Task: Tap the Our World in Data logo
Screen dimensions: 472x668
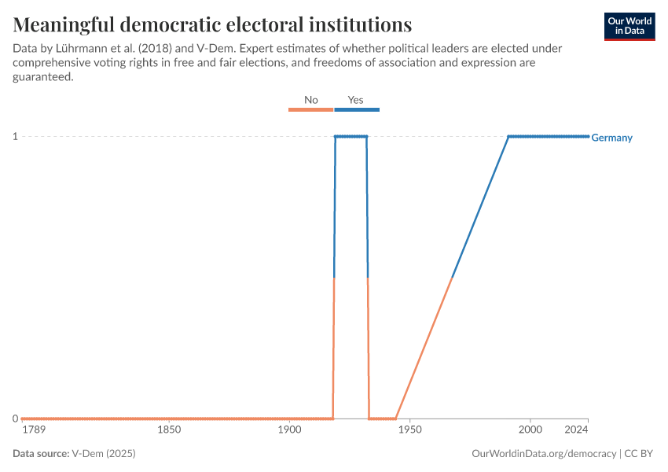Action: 629,26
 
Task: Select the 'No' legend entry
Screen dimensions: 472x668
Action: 311,101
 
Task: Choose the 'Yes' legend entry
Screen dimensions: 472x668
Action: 356,101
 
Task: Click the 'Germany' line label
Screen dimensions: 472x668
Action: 611,138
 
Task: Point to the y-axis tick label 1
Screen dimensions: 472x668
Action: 15,137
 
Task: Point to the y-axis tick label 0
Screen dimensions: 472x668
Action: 15,419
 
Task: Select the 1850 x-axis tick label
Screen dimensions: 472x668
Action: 169,430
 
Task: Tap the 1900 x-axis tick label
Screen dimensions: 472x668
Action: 289,430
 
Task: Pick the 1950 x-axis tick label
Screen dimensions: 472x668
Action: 410,430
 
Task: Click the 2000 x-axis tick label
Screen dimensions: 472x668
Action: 530,430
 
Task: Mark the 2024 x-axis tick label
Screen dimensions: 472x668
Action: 577,430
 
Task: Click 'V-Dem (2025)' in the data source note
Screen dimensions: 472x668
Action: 108,454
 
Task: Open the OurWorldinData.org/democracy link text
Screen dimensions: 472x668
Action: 544,454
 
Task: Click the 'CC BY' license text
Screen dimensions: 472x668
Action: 638,454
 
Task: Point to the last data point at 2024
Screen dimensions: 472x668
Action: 588,137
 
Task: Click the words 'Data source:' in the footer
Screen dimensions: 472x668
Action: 40,454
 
